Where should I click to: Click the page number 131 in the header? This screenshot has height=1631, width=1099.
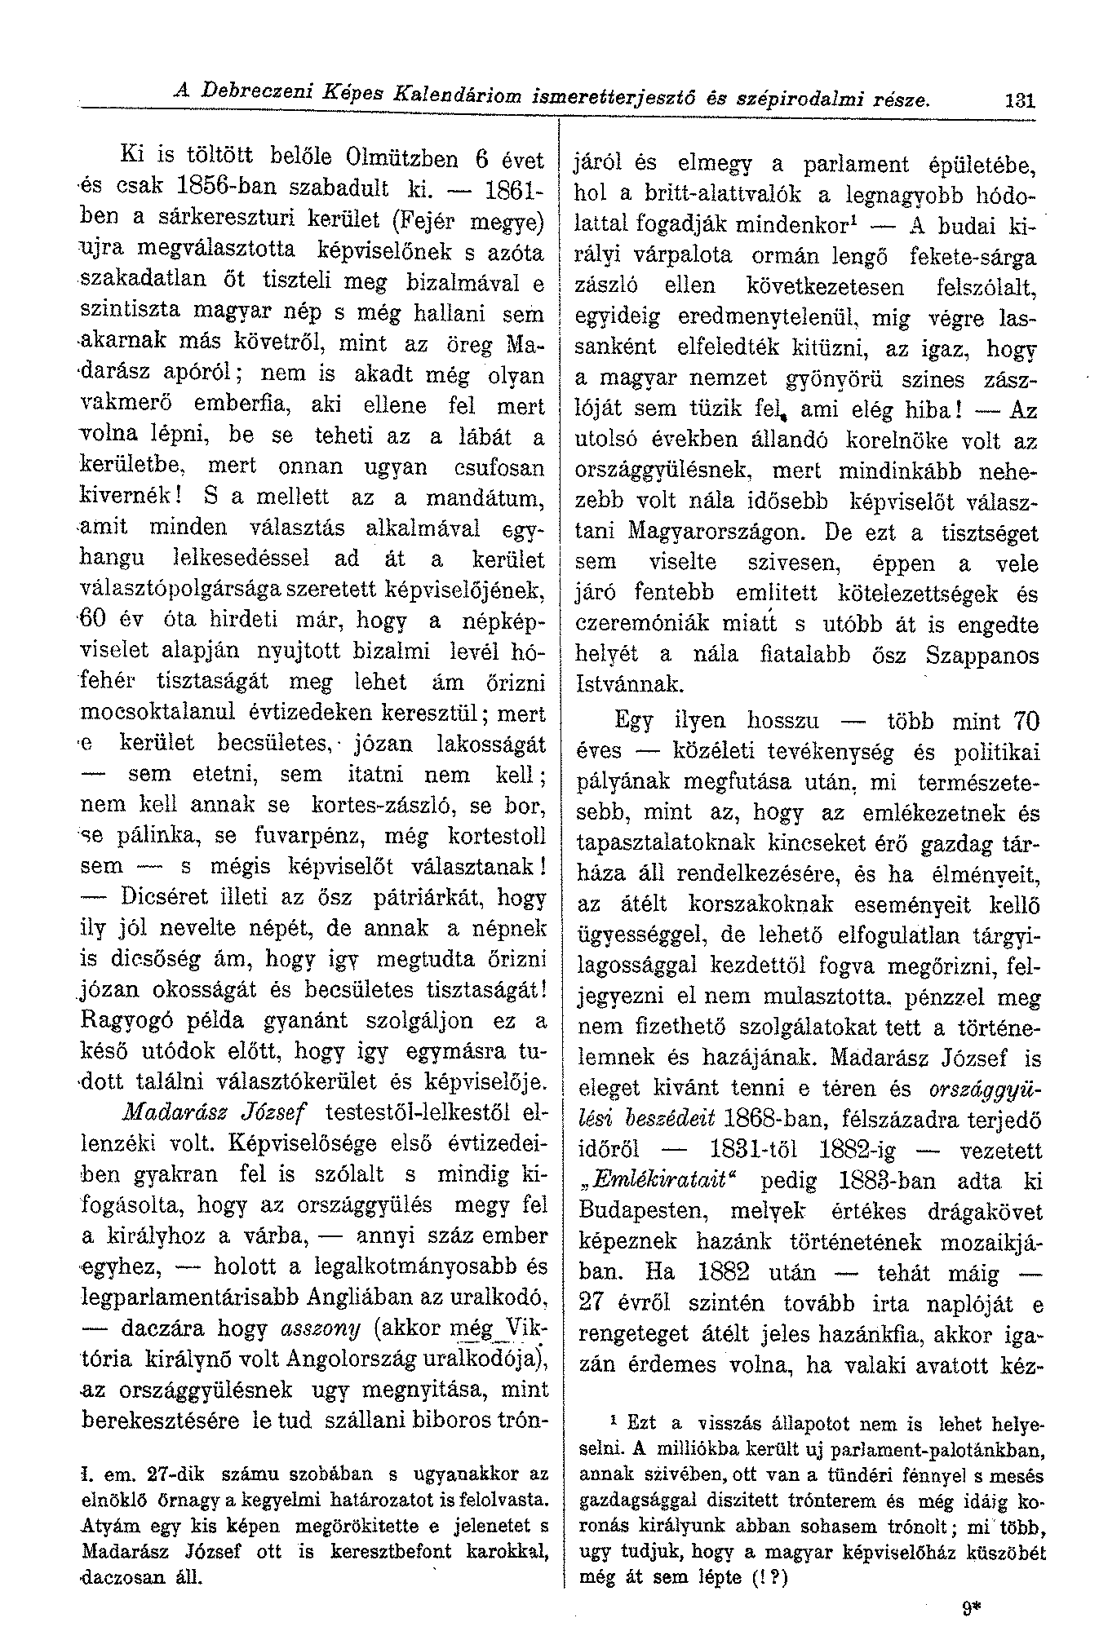(x=997, y=102)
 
